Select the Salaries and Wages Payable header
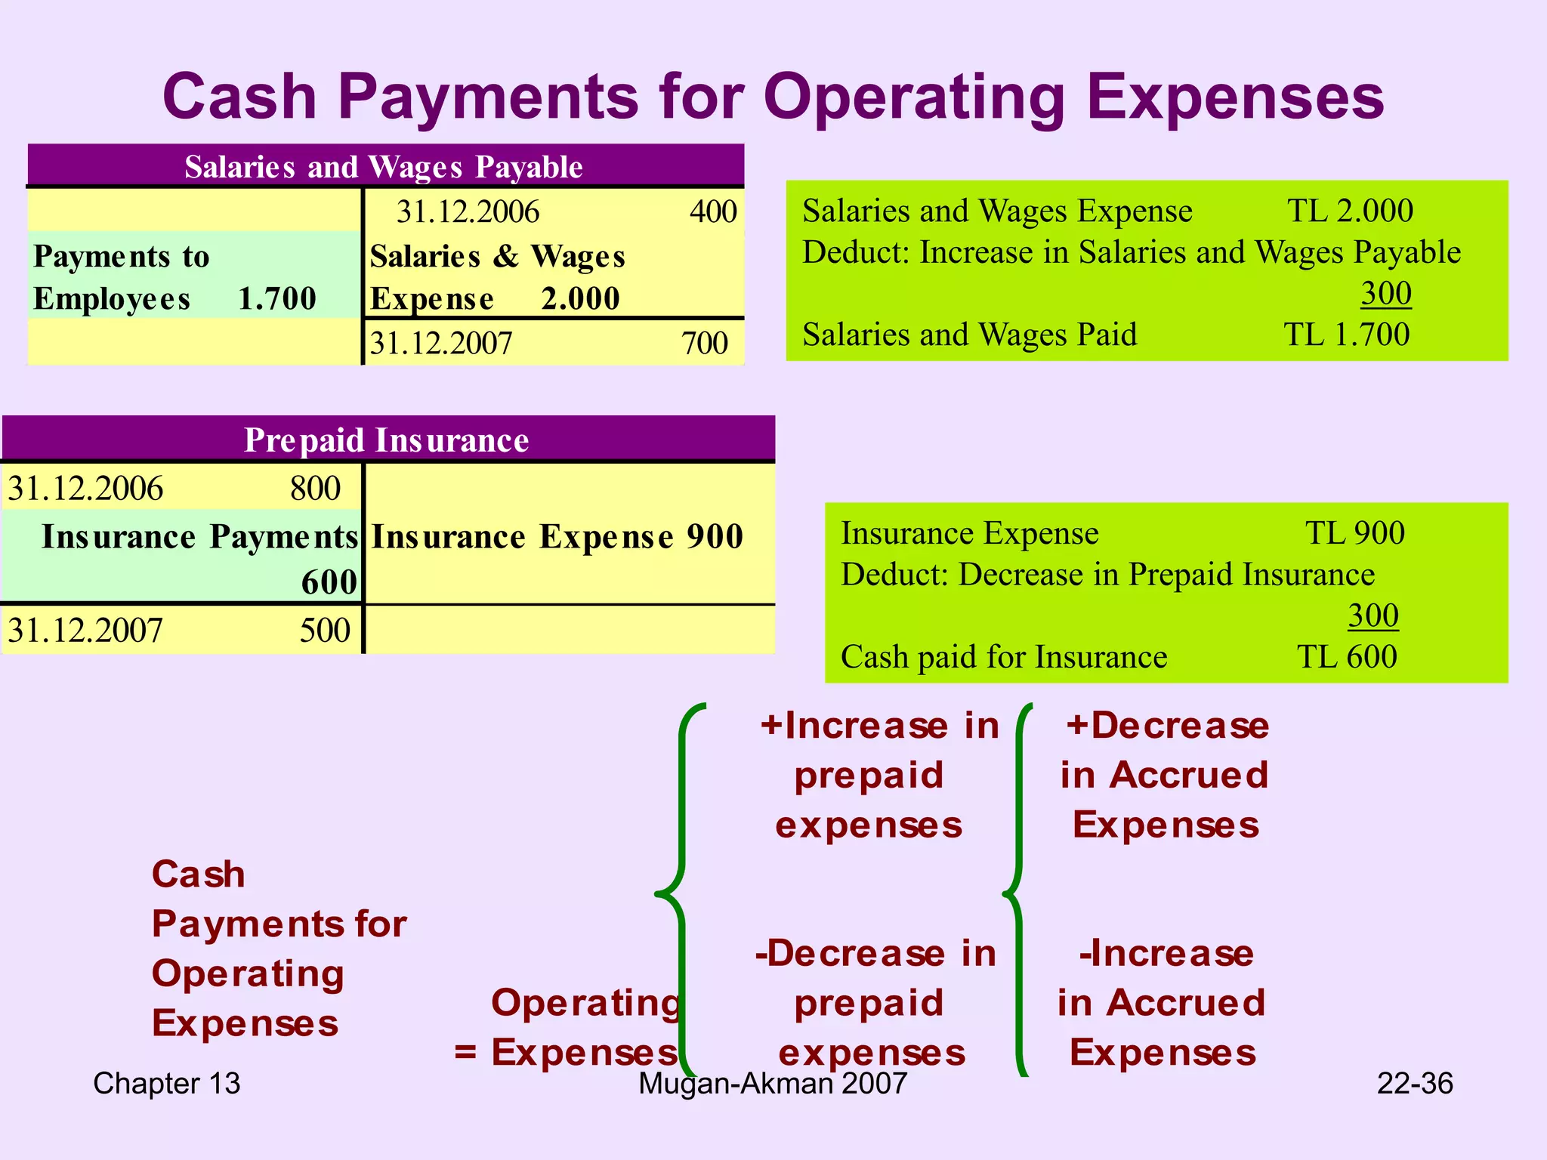(384, 167)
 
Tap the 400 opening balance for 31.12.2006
(712, 211)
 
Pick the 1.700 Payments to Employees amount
(277, 299)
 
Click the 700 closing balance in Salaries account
(704, 344)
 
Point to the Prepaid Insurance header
(386, 440)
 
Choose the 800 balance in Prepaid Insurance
(315, 489)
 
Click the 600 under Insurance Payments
(329, 582)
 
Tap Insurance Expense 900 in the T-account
(557, 537)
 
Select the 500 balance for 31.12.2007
(325, 631)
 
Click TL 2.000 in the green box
(1350, 211)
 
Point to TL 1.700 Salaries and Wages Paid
(1347, 335)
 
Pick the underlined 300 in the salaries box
(1386, 293)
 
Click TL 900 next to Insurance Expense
(1355, 533)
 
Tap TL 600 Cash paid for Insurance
(1347, 657)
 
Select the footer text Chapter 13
(166, 1084)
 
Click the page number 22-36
(1414, 1084)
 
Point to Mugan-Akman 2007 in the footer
(772, 1084)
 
